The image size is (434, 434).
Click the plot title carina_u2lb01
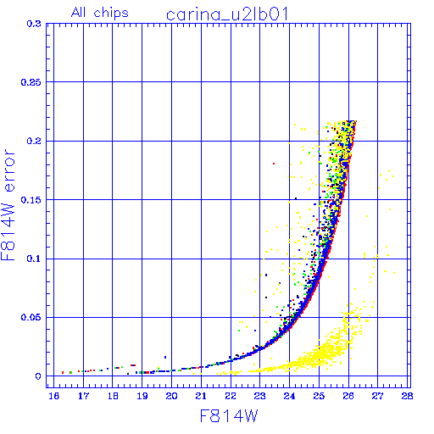(x=227, y=14)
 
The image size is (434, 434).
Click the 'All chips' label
(x=100, y=13)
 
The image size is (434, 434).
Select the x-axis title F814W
(x=229, y=416)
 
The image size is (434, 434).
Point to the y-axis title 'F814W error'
(x=8, y=205)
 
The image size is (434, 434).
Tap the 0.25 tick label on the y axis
(x=31, y=82)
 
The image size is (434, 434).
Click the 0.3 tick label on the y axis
(x=34, y=24)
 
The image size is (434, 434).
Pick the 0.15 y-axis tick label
(x=31, y=200)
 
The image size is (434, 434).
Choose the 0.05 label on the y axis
(x=31, y=317)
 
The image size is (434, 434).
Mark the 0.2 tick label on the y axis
(x=34, y=141)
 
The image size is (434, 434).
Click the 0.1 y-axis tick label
(x=34, y=259)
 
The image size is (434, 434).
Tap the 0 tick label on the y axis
(x=38, y=376)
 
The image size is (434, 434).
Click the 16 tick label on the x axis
(x=53, y=396)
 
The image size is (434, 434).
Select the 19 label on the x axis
(x=142, y=396)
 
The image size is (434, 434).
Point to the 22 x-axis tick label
(x=231, y=396)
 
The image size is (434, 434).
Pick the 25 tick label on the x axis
(x=319, y=396)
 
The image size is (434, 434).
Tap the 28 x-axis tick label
(x=407, y=396)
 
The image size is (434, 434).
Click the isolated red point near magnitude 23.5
(x=274, y=164)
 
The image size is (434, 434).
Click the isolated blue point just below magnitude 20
(x=165, y=357)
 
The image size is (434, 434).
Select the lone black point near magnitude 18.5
(x=128, y=374)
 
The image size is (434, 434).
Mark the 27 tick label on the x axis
(x=378, y=396)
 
